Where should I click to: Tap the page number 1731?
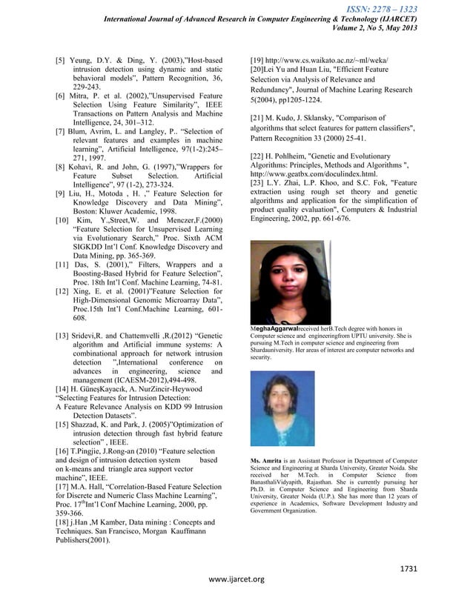pos(411,568)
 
